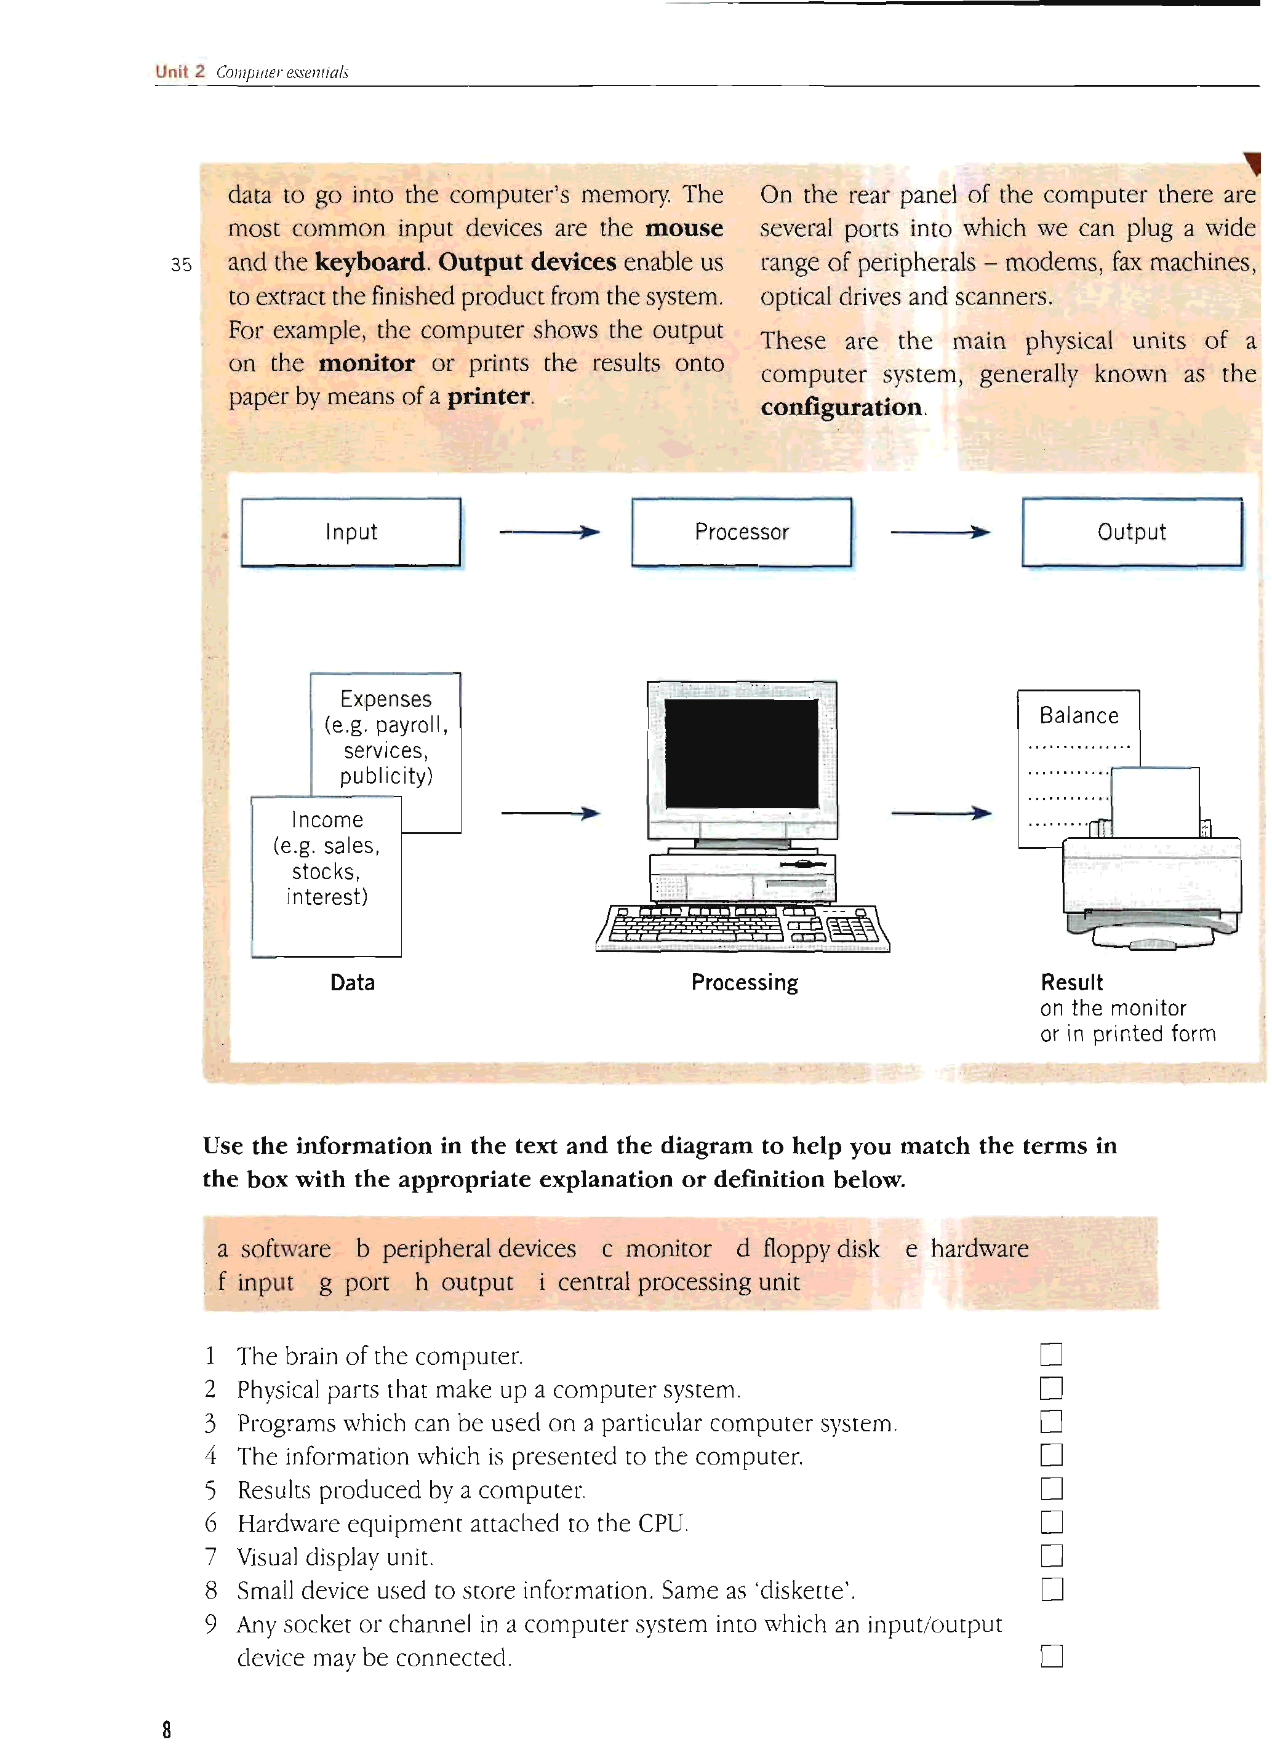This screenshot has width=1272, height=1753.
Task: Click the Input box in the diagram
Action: [x=351, y=533]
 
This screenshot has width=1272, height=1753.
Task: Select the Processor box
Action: [x=742, y=533]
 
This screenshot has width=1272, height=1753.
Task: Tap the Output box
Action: [x=1132, y=533]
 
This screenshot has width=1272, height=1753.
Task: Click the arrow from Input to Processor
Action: [x=549, y=532]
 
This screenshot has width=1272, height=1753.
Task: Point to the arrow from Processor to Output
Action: [x=940, y=532]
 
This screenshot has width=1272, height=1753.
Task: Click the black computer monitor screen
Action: [x=742, y=753]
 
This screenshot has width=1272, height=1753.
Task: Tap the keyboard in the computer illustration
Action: [x=742, y=927]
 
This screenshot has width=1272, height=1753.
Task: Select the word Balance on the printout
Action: [x=1079, y=716]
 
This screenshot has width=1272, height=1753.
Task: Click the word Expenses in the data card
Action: [x=386, y=699]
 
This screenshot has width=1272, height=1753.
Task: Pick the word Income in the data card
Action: [x=327, y=820]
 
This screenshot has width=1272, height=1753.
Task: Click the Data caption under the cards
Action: [x=353, y=982]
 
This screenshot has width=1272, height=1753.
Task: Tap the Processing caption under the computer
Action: [x=745, y=982]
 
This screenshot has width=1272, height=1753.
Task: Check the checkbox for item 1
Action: [x=1051, y=1355]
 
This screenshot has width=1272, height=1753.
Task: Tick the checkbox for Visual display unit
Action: [x=1051, y=1556]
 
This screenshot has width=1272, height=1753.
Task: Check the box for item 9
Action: [x=1051, y=1656]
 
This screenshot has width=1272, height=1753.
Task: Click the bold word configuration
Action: [x=841, y=407]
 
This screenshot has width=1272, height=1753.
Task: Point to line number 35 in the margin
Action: [x=181, y=265]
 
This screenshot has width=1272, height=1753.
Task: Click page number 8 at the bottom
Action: [x=166, y=1730]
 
